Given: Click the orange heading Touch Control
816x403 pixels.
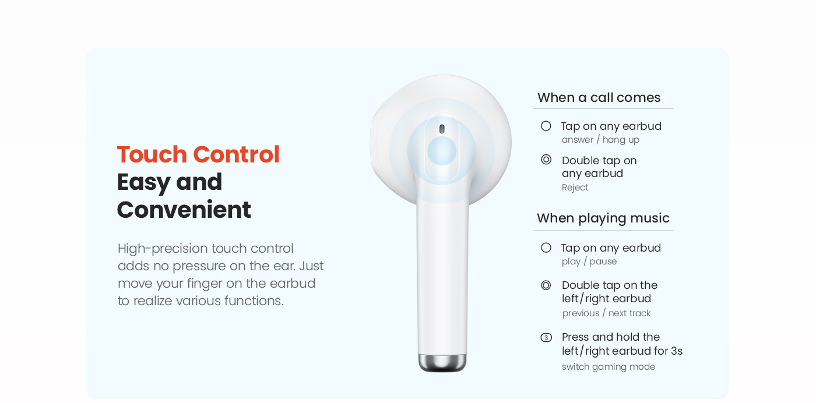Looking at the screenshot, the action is click(198, 154).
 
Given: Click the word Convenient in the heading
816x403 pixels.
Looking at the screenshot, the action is click(184, 210).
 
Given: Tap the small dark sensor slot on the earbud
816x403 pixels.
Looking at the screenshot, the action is click(442, 129).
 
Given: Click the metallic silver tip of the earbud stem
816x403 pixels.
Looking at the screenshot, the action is click(442, 363).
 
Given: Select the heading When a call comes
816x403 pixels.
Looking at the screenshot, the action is click(599, 98).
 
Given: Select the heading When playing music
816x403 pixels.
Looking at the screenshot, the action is click(603, 218).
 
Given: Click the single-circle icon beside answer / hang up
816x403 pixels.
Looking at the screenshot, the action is click(546, 126).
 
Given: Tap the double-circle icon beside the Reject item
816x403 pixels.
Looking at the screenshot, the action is click(546, 160).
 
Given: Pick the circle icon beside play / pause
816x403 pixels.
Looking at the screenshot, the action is click(546, 248).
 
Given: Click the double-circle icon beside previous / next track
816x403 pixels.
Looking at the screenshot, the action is click(546, 285).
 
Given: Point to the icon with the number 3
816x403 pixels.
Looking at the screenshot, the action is click(546, 337).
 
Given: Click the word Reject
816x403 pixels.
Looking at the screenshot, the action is click(575, 188).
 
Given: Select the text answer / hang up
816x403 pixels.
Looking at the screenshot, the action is click(600, 140).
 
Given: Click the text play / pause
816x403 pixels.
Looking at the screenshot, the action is click(589, 261).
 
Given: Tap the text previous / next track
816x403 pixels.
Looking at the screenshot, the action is click(606, 313).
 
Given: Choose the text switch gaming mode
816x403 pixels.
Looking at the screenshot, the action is click(609, 366).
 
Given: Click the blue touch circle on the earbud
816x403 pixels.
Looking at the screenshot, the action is click(442, 151).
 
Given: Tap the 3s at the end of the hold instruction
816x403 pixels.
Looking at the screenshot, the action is click(677, 351).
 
